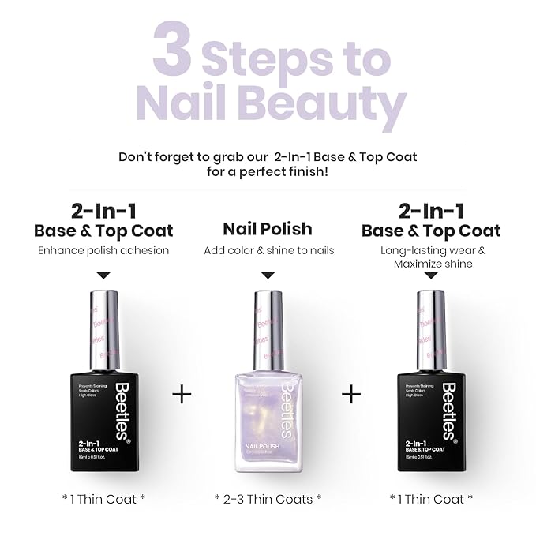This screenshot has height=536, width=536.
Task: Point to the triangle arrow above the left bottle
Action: point(103,275)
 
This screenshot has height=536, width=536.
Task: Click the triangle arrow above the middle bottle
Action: point(268,275)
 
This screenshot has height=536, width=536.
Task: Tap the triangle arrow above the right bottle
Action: point(431,275)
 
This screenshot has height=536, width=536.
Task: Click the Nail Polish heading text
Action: point(268,229)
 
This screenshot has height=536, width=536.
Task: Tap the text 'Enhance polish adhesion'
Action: point(103,250)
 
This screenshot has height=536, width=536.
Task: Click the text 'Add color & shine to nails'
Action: point(268,250)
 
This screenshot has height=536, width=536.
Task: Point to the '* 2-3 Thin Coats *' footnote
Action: point(268,498)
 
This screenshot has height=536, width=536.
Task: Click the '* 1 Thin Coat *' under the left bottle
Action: point(103,498)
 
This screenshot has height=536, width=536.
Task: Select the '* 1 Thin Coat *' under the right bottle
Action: point(431,498)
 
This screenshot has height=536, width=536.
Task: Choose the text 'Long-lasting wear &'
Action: point(431,250)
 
